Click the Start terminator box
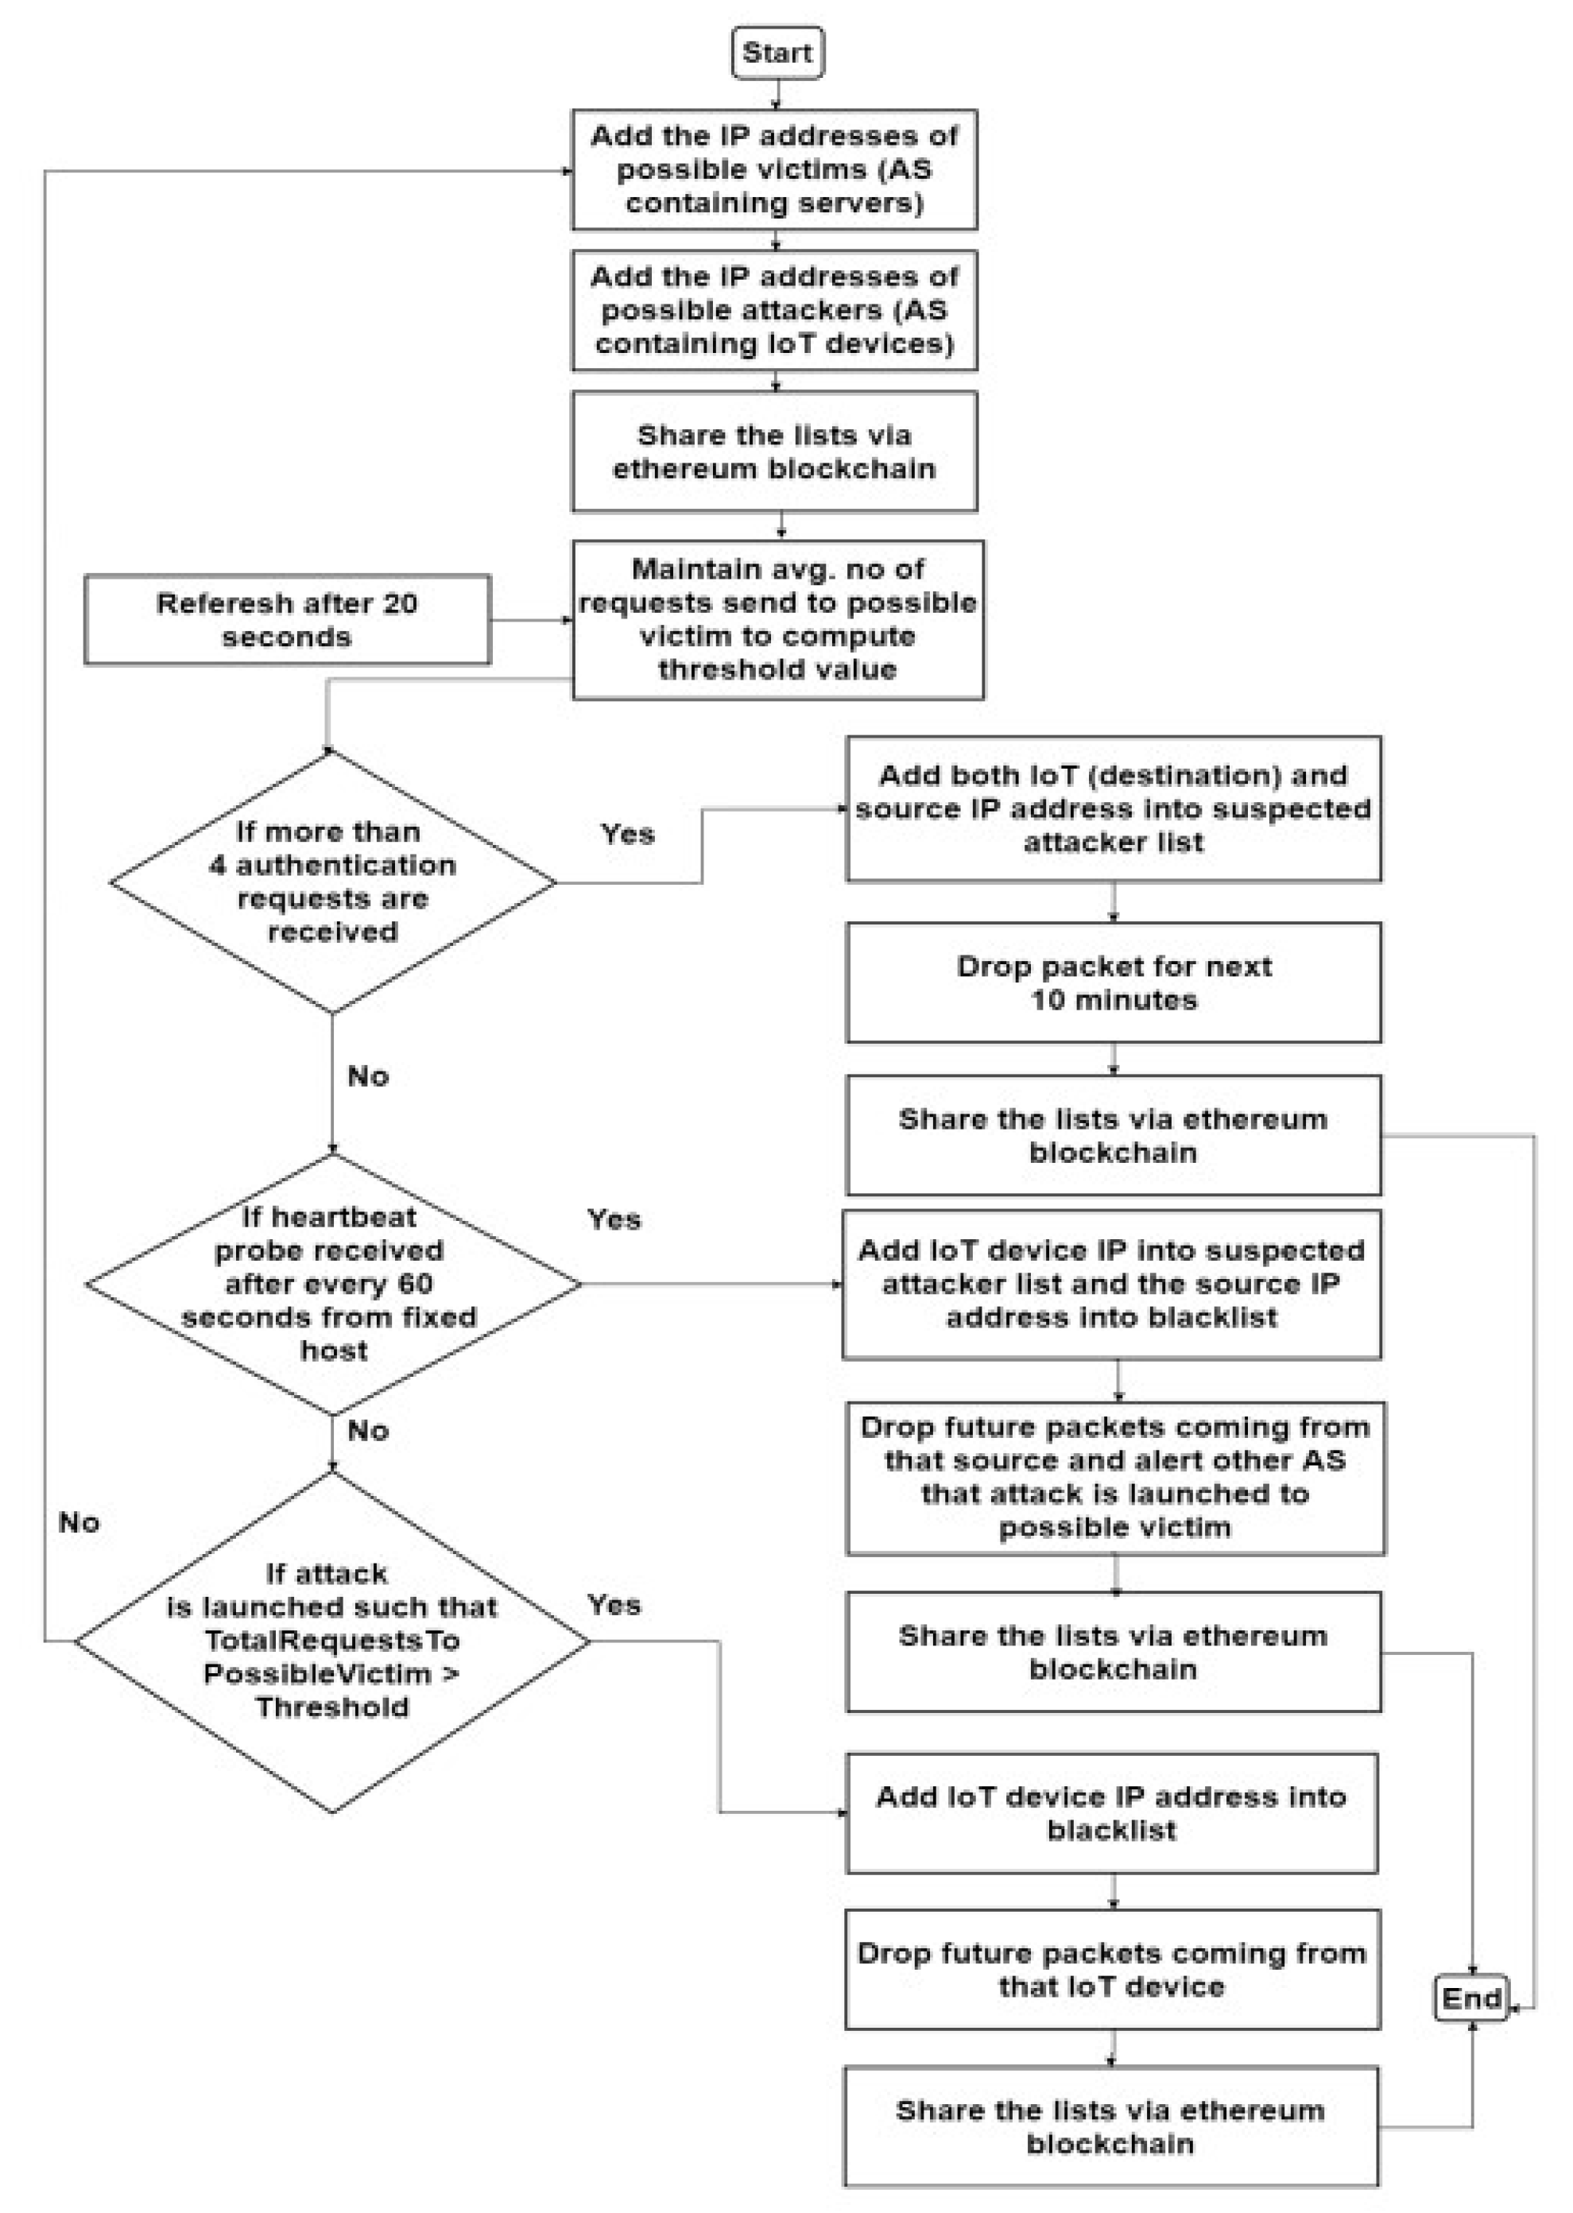(777, 52)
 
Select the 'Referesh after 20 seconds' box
(287, 620)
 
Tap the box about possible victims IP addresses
(774, 169)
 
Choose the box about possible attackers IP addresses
(774, 310)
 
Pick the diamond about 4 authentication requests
(332, 882)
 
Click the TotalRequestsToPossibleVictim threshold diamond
(332, 1641)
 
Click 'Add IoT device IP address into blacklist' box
(1111, 1813)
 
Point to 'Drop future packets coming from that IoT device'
(1111, 1970)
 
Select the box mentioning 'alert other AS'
(1115, 1477)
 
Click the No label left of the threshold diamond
(79, 1522)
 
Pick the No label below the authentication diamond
(368, 1076)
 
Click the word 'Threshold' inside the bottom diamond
(332, 1707)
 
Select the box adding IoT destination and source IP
(1113, 808)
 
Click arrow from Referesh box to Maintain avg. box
(531, 620)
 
